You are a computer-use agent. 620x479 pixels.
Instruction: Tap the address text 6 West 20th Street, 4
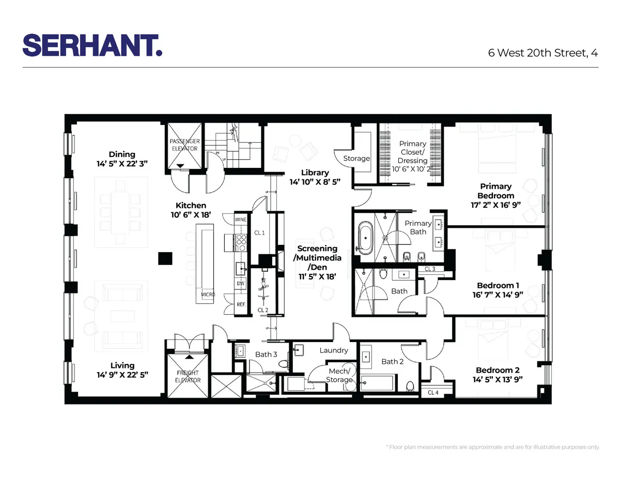point(543,53)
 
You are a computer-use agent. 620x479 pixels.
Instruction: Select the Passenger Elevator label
point(184,145)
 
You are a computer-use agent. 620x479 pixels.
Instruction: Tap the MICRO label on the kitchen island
point(208,294)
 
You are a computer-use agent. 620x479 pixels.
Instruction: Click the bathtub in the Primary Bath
point(366,238)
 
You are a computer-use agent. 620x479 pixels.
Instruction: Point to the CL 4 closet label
point(433,393)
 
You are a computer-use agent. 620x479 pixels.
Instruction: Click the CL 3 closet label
point(430,269)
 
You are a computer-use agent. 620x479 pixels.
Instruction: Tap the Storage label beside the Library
point(357,158)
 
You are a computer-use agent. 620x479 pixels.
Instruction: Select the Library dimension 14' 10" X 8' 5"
point(315,182)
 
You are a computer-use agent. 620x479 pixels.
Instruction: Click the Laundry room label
point(333,350)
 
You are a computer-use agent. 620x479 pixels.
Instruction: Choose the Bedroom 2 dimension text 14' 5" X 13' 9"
point(498,379)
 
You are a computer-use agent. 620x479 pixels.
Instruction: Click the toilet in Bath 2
point(410,386)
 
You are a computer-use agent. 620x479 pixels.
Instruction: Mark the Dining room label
point(122,154)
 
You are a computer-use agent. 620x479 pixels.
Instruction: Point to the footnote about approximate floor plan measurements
point(493,447)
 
